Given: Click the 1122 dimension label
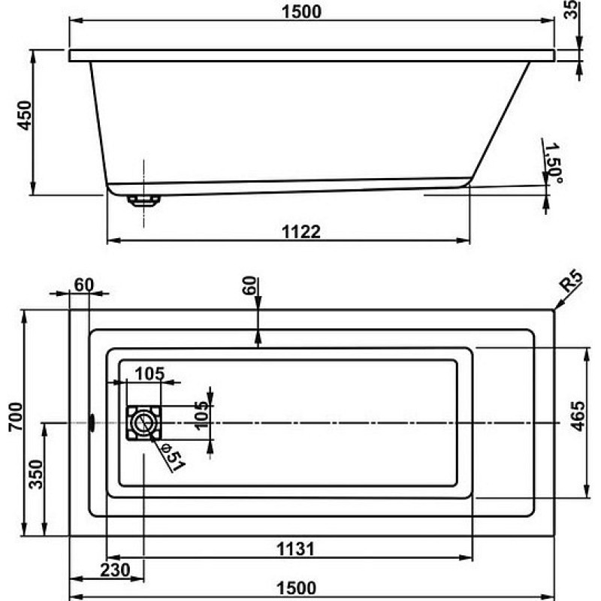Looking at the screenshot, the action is pos(301,232).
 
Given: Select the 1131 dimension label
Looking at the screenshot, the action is pos(295,549).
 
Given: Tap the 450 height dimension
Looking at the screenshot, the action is pos(25,116).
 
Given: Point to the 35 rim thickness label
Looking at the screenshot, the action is pos(571,9).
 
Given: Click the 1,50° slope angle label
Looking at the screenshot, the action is pos(554,163).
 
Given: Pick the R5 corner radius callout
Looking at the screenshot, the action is pos(571,281).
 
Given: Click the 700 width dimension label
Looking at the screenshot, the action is pos(16,417).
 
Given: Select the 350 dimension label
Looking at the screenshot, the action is pos(36,475).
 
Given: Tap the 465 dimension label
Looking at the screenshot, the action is pos(578,416).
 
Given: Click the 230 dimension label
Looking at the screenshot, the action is pos(115,570).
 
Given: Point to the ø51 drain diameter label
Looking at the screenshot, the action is pos(174,458).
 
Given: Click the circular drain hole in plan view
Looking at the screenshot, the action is pos(143,423).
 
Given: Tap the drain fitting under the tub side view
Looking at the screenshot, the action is pos(143,201).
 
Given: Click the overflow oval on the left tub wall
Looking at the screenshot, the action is pos(92,423).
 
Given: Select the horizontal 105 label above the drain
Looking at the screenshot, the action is pos(149,373).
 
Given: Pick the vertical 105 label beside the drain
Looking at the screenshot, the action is pos(201,415).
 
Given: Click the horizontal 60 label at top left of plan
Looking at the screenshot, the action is pos(84,285).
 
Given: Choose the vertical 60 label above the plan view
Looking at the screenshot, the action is pos(249,285).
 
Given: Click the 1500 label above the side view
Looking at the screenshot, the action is pos(302,11).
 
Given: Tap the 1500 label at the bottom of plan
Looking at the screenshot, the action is pos(296,588).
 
